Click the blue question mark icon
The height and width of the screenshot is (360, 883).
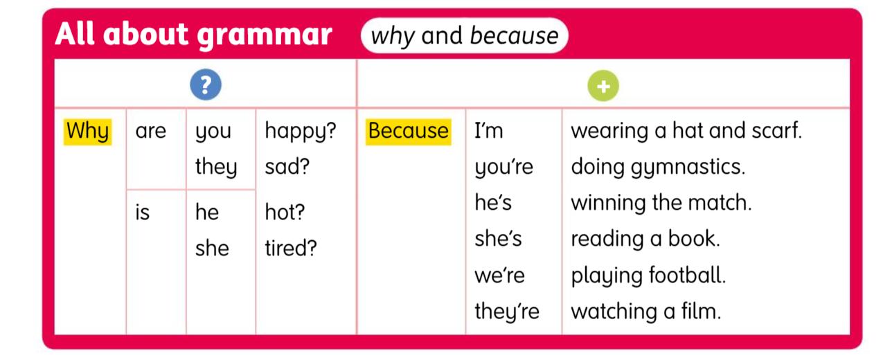tap(205, 85)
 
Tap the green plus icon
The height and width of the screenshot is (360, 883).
tap(603, 86)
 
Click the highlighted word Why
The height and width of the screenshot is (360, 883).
tap(87, 131)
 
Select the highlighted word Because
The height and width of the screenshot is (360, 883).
tap(408, 131)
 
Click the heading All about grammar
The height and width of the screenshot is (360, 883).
tap(193, 35)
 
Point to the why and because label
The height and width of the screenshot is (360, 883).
tap(464, 36)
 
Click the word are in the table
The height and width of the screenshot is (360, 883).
tap(151, 131)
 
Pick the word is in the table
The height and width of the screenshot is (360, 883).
tap(142, 213)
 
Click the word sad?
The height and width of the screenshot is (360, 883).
tap(287, 167)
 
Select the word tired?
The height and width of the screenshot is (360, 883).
tap(291, 248)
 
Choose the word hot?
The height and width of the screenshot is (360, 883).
tap(285, 213)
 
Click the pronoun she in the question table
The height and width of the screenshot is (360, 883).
tap(212, 248)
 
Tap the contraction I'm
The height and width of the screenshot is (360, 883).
tap(489, 131)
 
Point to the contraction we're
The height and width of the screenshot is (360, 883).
tap(499, 276)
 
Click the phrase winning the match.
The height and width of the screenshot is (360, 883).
tap(661, 203)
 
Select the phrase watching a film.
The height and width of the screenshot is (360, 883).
tap(645, 312)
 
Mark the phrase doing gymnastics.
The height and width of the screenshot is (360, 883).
tap(658, 168)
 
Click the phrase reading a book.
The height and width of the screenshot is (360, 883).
tap(645, 239)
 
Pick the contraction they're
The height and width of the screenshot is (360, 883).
tap(506, 312)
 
